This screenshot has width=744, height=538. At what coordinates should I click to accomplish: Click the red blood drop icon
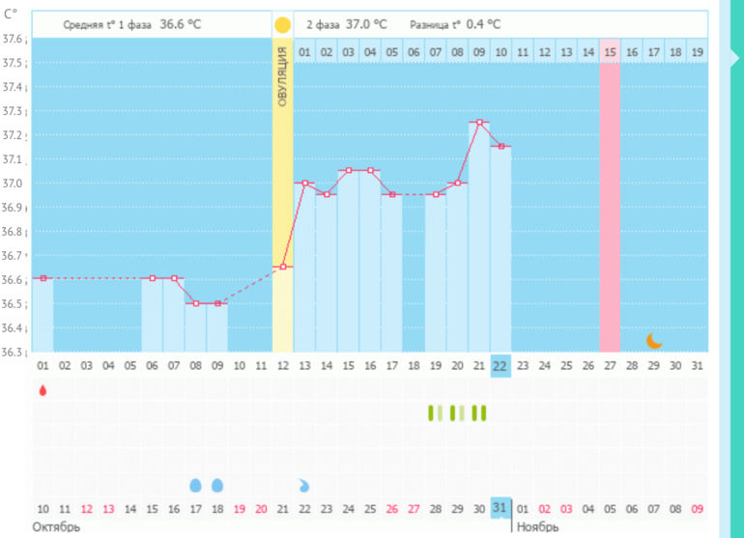pyautogui.click(x=43, y=390)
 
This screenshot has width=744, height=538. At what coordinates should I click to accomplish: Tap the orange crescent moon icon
pyautogui.click(x=654, y=340)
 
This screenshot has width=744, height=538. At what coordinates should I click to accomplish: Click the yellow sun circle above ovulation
pyautogui.click(x=282, y=25)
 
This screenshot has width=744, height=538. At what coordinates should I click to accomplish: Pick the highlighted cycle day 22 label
pyautogui.click(x=500, y=365)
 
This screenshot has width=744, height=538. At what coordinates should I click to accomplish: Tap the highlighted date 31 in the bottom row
pyautogui.click(x=500, y=508)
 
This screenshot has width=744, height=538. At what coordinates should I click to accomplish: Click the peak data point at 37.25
pyautogui.click(x=478, y=123)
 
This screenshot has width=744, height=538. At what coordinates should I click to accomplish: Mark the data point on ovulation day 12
pyautogui.click(x=282, y=267)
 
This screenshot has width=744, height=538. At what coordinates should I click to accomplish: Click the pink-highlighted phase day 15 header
pyautogui.click(x=610, y=51)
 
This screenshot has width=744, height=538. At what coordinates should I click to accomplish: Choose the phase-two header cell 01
pyautogui.click(x=304, y=51)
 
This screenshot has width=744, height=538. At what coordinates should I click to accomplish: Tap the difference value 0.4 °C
pyautogui.click(x=483, y=23)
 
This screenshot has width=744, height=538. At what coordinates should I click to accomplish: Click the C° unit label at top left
pyautogui.click(x=11, y=14)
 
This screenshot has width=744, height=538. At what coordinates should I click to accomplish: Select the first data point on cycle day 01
pyautogui.click(x=43, y=277)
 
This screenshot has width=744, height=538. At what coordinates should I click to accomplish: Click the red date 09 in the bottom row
pyautogui.click(x=697, y=508)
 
